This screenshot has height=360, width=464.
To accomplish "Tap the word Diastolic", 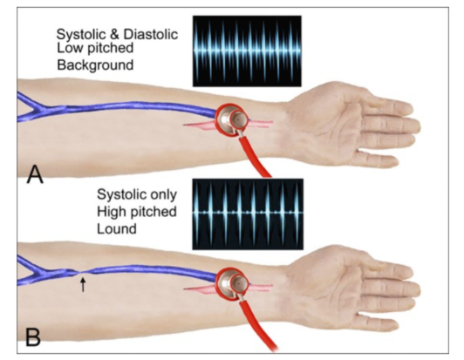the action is [x=151, y=34].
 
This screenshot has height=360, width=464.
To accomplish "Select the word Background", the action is [x=95, y=65].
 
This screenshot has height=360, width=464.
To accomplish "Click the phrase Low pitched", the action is [x=95, y=48].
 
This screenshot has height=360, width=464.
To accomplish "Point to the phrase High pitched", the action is [x=137, y=212].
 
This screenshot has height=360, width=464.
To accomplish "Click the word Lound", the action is [x=117, y=229].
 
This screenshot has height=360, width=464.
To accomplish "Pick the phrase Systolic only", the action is [x=137, y=194].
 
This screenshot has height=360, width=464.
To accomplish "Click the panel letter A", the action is [x=35, y=175].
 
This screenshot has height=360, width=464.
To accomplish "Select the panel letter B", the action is [x=33, y=337].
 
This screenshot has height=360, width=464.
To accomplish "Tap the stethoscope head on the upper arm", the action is [x=233, y=119].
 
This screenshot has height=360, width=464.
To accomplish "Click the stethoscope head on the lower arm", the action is [x=233, y=284].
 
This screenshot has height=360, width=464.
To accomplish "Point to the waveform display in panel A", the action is [x=247, y=51].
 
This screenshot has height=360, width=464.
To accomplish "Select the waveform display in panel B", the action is [x=248, y=214].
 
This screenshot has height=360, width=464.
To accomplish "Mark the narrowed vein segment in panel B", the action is [x=78, y=273].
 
